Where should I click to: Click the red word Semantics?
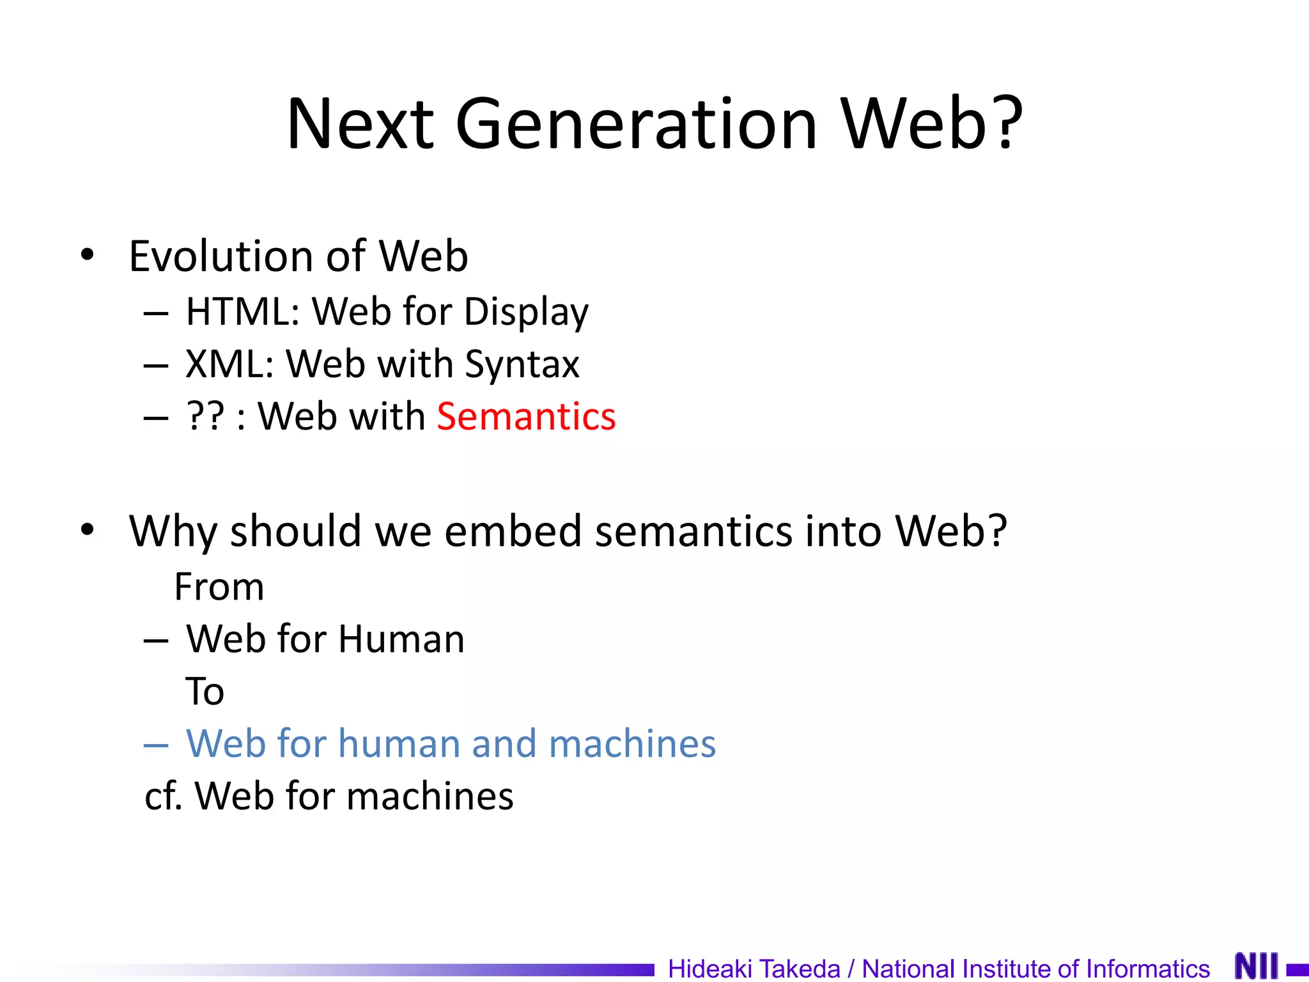click(x=526, y=416)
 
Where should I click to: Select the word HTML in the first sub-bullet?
click(x=242, y=312)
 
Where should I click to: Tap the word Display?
click(x=526, y=313)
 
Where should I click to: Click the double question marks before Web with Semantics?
click(x=206, y=416)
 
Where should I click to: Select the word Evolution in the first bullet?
click(x=219, y=256)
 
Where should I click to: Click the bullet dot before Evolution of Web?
click(x=88, y=255)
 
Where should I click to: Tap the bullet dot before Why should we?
click(x=88, y=530)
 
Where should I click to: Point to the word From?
click(x=219, y=587)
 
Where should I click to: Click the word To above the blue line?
click(x=205, y=691)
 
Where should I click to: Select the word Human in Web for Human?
click(x=401, y=639)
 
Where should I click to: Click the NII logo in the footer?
click(x=1256, y=965)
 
